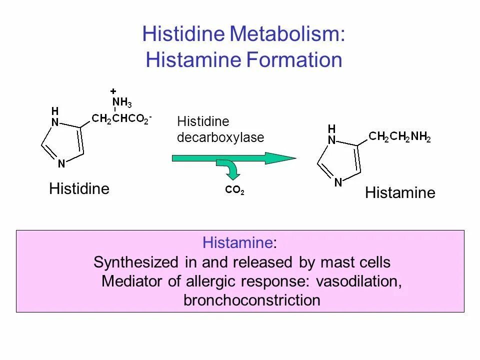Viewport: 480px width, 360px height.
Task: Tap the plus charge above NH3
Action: (113, 91)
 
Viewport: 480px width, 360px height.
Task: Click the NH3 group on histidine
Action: (122, 103)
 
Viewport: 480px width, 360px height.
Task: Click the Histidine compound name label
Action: (79, 189)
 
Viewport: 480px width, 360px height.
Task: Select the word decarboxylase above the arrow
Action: (220, 137)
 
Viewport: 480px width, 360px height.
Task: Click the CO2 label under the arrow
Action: (234, 190)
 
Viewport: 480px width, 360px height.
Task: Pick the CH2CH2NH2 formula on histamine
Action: (399, 136)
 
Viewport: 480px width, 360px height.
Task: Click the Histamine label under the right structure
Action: (400, 193)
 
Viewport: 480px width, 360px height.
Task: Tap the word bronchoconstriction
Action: (251, 300)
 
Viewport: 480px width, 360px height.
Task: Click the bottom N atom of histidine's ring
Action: (61, 163)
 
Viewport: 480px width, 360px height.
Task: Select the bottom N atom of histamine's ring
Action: (338, 182)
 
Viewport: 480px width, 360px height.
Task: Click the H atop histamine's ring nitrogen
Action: (331, 128)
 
